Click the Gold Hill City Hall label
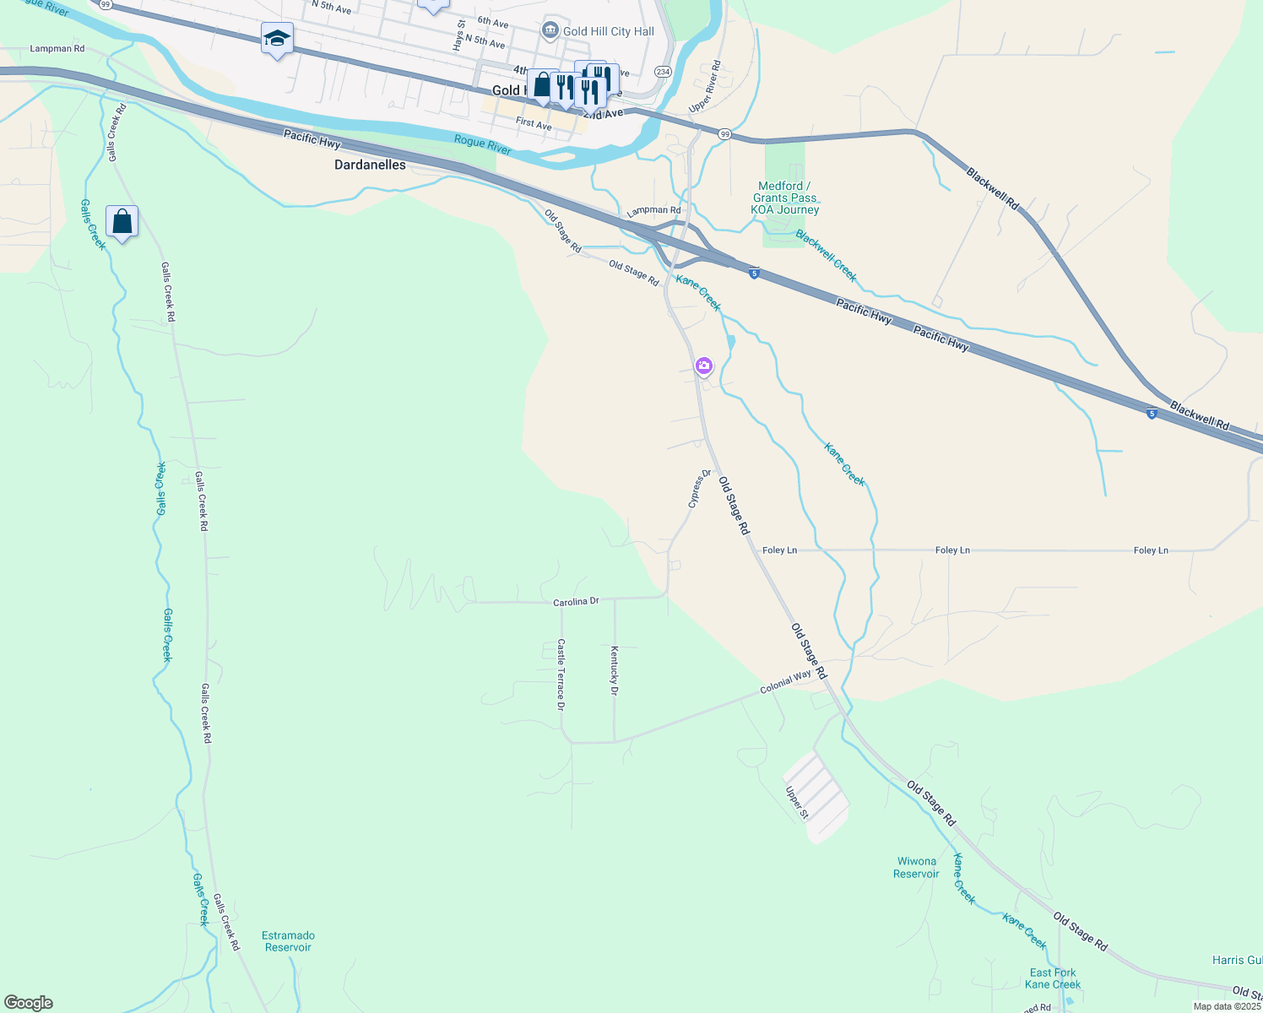(x=608, y=31)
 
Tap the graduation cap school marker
(x=277, y=39)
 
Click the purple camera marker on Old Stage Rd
(x=704, y=366)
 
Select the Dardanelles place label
(x=370, y=165)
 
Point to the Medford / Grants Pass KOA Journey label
(x=785, y=198)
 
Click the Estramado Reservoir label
(x=288, y=941)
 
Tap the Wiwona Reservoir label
(x=916, y=868)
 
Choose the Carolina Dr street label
(x=576, y=602)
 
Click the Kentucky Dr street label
(x=614, y=670)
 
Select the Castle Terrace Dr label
(x=561, y=674)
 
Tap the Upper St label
(x=797, y=803)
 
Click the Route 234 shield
(x=664, y=72)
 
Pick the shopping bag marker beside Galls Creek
(x=122, y=222)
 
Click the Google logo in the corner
(x=29, y=1003)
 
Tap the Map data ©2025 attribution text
(x=1226, y=1006)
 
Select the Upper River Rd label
(x=704, y=86)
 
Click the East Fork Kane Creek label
(x=1053, y=978)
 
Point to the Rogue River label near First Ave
(x=482, y=144)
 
